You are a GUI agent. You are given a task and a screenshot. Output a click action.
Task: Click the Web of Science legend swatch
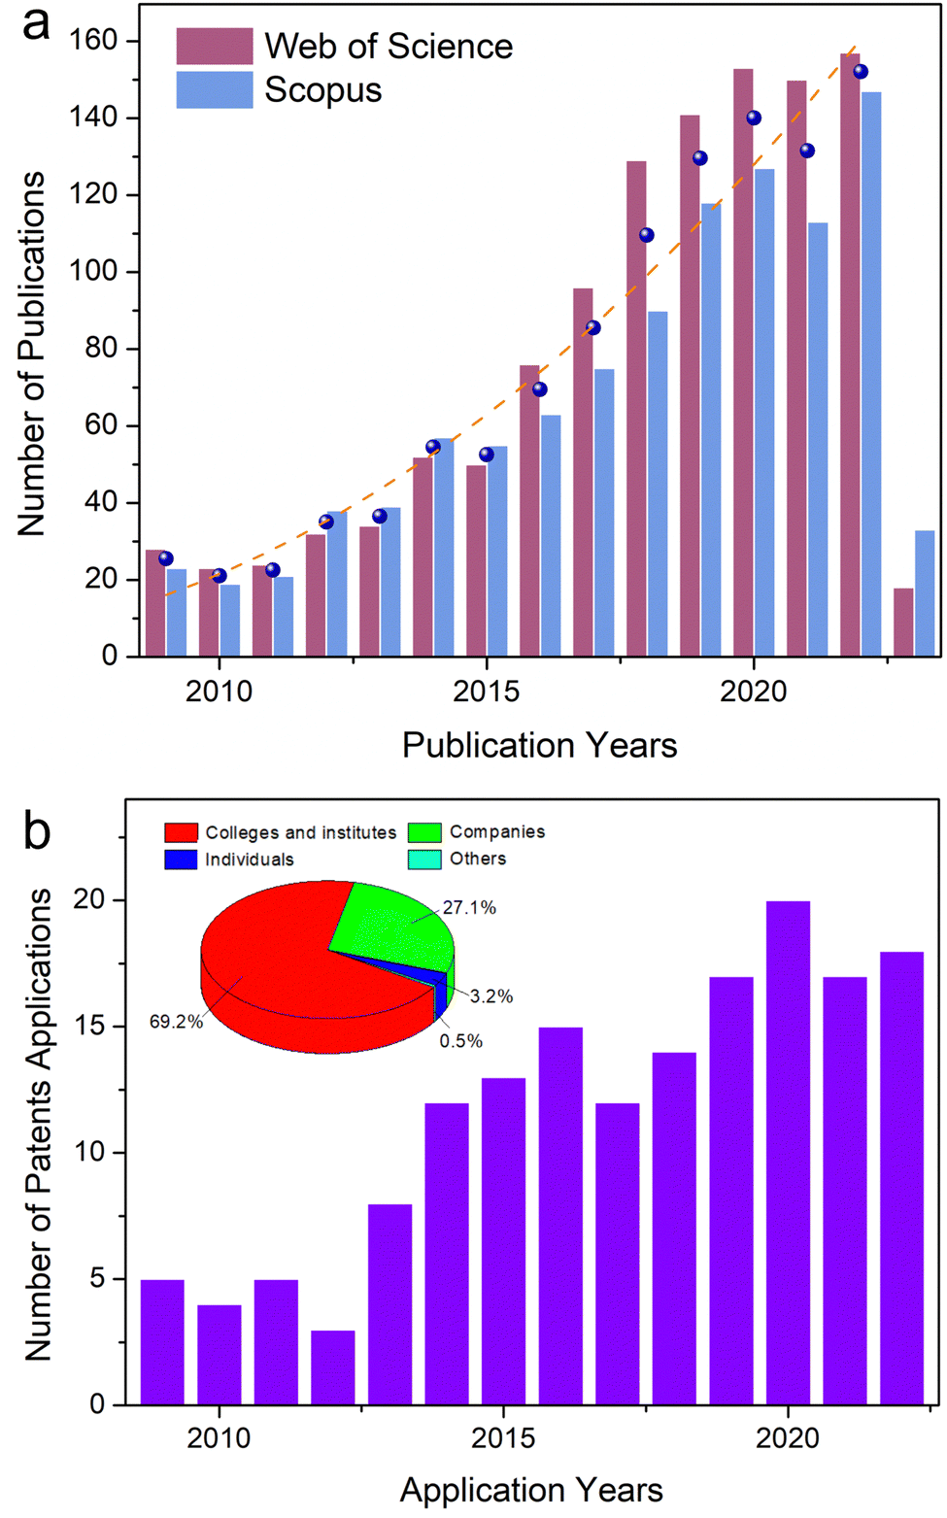(x=214, y=46)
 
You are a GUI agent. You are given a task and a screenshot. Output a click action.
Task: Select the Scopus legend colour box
(x=214, y=89)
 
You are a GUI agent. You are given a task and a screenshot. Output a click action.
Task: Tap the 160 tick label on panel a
(x=92, y=40)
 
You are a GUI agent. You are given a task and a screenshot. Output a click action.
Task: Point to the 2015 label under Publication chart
(x=486, y=692)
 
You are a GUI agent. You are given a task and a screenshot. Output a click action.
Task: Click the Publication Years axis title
(x=539, y=746)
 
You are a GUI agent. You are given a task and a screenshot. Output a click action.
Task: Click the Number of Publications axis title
(x=31, y=354)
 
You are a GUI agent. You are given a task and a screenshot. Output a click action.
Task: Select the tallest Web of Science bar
(x=850, y=354)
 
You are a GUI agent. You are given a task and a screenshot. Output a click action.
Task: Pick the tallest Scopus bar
(x=871, y=374)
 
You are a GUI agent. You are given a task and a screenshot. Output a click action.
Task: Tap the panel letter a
(x=36, y=23)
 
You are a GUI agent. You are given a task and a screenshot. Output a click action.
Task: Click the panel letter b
(x=36, y=831)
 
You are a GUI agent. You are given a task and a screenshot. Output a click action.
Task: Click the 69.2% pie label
(x=176, y=1022)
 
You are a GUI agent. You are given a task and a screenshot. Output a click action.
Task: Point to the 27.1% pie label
(x=469, y=908)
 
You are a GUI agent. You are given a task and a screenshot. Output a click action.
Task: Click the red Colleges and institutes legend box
(x=181, y=832)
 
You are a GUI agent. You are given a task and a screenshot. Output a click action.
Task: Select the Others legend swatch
(x=424, y=859)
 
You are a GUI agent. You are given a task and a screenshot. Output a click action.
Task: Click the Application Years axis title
(x=531, y=1490)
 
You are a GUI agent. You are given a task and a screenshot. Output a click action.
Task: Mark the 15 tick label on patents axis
(x=89, y=1027)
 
